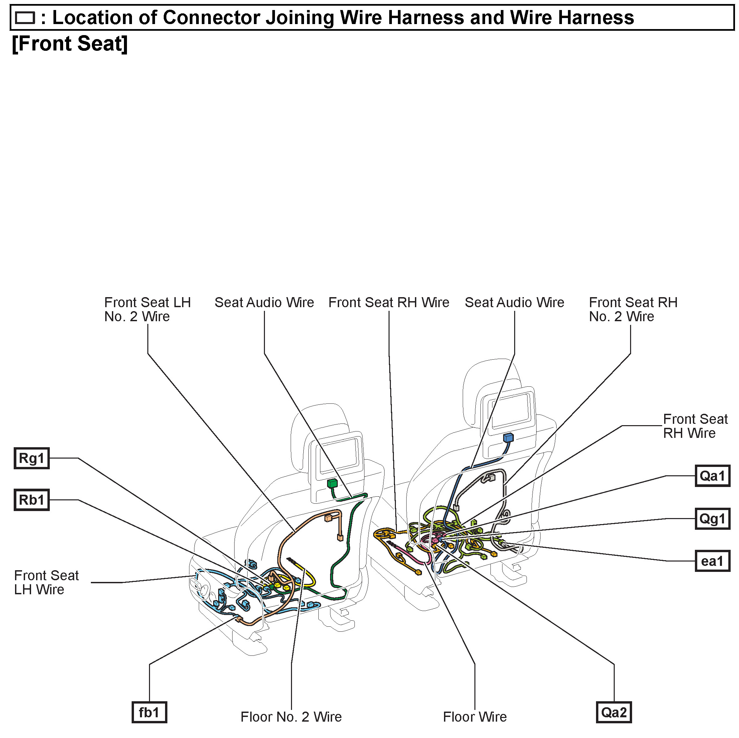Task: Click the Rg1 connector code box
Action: [32, 458]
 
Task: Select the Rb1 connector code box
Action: [32, 500]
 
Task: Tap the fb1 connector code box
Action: [149, 712]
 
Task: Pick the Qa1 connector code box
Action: [712, 476]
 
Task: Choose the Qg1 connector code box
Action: [712, 518]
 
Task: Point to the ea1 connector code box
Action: [712, 561]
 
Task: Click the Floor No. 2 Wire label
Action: [291, 717]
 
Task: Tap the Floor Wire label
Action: [475, 717]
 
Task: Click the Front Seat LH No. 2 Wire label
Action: [147, 309]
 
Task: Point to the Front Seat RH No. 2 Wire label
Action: [633, 309]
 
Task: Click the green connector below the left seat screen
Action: [332, 483]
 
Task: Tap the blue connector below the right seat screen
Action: [508, 438]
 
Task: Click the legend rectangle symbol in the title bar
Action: [25, 18]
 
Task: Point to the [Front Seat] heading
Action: [69, 43]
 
